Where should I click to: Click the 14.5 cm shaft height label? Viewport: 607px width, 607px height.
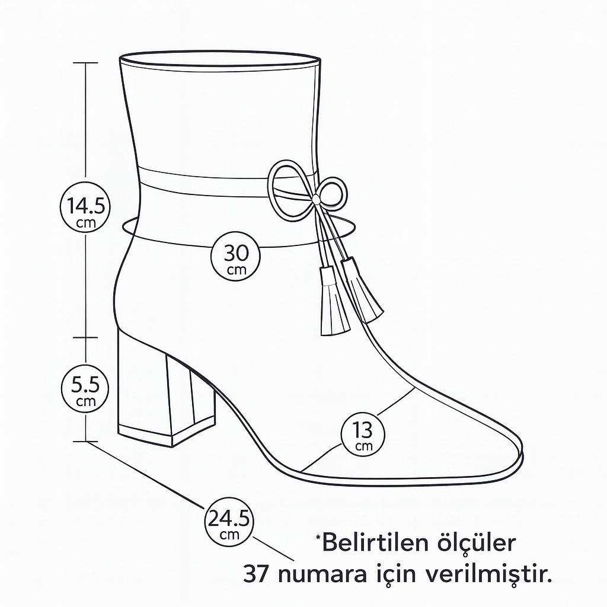tap(85, 207)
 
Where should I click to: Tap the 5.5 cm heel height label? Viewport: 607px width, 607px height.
tap(85, 388)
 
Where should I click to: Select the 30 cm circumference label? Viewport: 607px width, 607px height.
tap(236, 256)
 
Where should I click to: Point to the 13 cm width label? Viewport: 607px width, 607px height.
tap(363, 434)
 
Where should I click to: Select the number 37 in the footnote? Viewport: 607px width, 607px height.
tap(257, 575)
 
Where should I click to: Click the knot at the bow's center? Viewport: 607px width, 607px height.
tap(317, 200)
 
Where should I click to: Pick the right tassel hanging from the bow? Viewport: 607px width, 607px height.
tap(362, 289)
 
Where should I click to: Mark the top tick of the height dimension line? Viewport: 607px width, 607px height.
tap(85, 62)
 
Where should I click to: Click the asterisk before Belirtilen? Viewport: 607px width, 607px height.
tap(318, 536)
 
